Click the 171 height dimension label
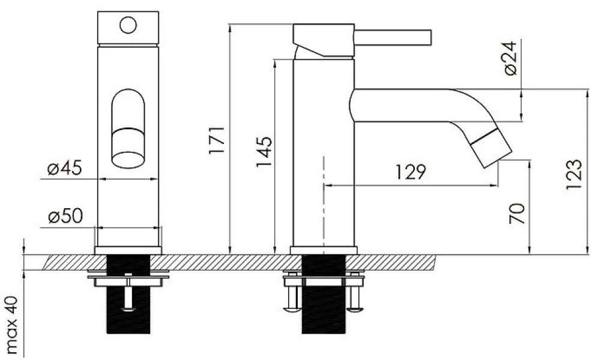(x=217, y=140)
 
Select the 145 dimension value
(x=264, y=152)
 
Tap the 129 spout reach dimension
(x=410, y=172)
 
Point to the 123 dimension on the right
(x=574, y=174)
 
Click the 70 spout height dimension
(x=517, y=214)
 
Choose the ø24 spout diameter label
(x=510, y=58)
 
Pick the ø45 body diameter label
(x=65, y=168)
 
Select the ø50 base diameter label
(x=65, y=217)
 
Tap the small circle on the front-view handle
(x=128, y=25)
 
